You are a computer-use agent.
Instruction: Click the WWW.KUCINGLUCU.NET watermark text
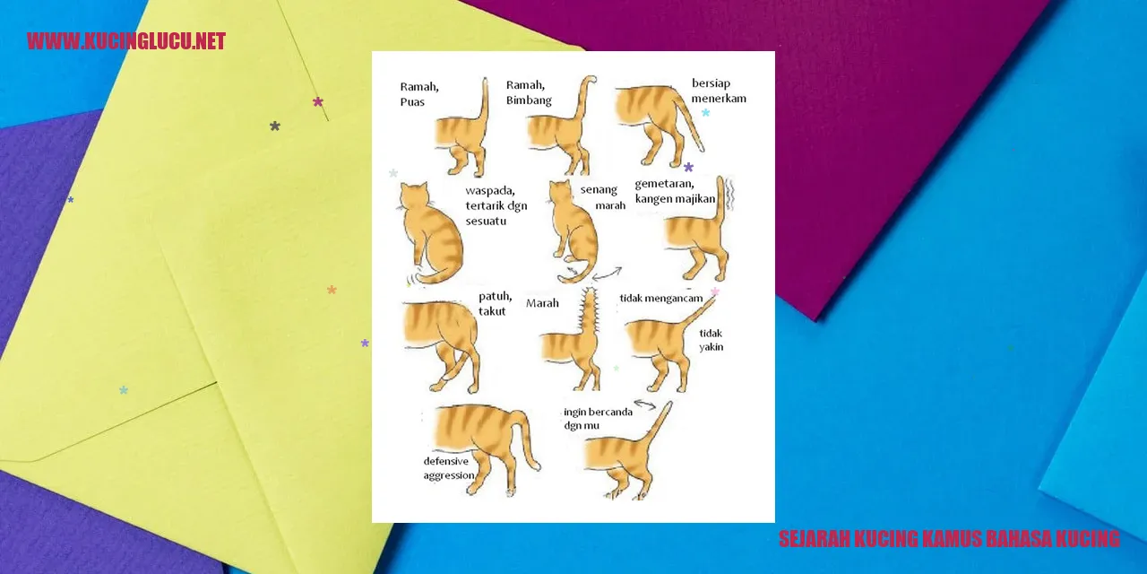[126, 41]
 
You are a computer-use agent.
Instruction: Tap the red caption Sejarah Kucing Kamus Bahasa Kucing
[949, 539]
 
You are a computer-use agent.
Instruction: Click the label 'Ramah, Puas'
[419, 94]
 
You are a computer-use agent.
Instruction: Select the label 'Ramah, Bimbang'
[529, 92]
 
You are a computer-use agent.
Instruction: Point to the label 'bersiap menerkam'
[719, 91]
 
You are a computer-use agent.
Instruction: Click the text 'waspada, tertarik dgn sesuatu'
[496, 205]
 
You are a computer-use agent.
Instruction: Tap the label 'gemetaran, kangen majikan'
[675, 191]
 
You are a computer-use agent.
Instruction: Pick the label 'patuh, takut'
[496, 303]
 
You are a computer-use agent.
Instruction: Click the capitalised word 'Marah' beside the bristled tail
[542, 303]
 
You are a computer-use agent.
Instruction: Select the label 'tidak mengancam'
[661, 299]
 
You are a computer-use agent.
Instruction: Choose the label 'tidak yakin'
[711, 340]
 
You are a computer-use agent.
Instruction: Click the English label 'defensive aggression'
[449, 468]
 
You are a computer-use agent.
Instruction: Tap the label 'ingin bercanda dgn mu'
[598, 418]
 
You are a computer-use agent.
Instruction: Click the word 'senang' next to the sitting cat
[599, 189]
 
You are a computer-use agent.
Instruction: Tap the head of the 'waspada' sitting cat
[414, 196]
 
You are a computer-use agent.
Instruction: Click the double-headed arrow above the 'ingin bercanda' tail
[645, 404]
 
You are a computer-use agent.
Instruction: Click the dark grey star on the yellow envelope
[275, 126]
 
